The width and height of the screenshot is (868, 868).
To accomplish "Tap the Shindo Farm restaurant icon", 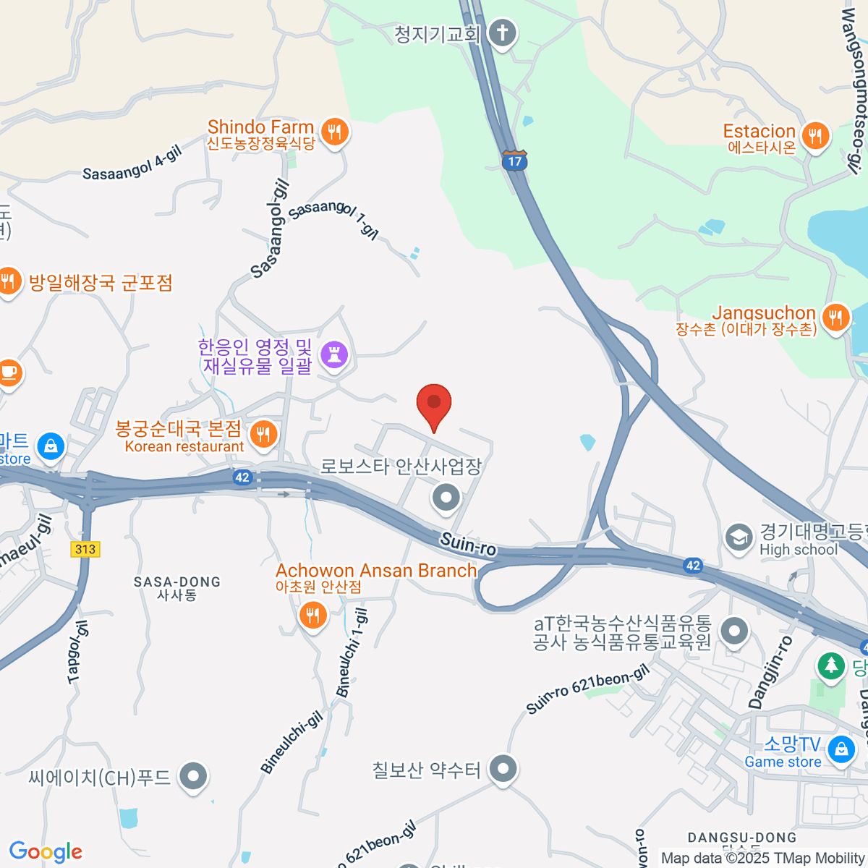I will pos(334,132).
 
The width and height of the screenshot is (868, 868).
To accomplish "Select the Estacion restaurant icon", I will pos(815,136).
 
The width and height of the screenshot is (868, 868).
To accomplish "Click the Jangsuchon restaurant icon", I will pos(835,318).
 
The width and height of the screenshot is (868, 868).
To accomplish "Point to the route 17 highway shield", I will pos(514,160).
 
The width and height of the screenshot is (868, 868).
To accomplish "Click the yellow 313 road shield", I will pos(85,549).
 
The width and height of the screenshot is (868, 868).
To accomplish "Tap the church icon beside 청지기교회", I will pos(502,33).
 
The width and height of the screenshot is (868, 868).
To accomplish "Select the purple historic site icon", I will pos(334,355).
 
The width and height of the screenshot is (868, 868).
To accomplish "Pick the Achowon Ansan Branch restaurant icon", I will pos(312,616).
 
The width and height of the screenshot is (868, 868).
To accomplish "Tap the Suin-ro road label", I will pos(468,543).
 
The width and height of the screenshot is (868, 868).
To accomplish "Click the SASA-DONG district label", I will pos(176,582).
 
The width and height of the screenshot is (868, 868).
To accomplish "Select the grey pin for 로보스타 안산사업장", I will pos(446,498).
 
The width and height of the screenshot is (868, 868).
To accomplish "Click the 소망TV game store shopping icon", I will pos(841,749).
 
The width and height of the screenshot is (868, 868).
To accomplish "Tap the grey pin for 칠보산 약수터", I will pos(503,768).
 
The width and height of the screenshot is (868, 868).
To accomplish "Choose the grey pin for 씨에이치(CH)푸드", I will pos(193,777).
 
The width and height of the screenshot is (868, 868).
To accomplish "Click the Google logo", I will pos(46,852).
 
